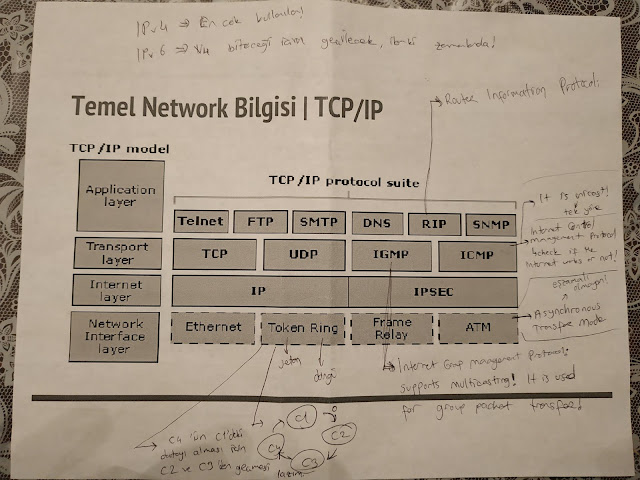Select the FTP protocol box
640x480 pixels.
(260, 221)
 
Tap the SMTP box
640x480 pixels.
(319, 221)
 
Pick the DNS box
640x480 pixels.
(377, 222)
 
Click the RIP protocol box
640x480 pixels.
(434, 223)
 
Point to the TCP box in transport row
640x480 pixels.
(214, 254)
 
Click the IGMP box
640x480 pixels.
(391, 256)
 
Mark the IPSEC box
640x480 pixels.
(433, 292)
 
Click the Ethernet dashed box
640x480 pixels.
(213, 326)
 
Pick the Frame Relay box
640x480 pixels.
(391, 327)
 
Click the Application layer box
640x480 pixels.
(120, 194)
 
